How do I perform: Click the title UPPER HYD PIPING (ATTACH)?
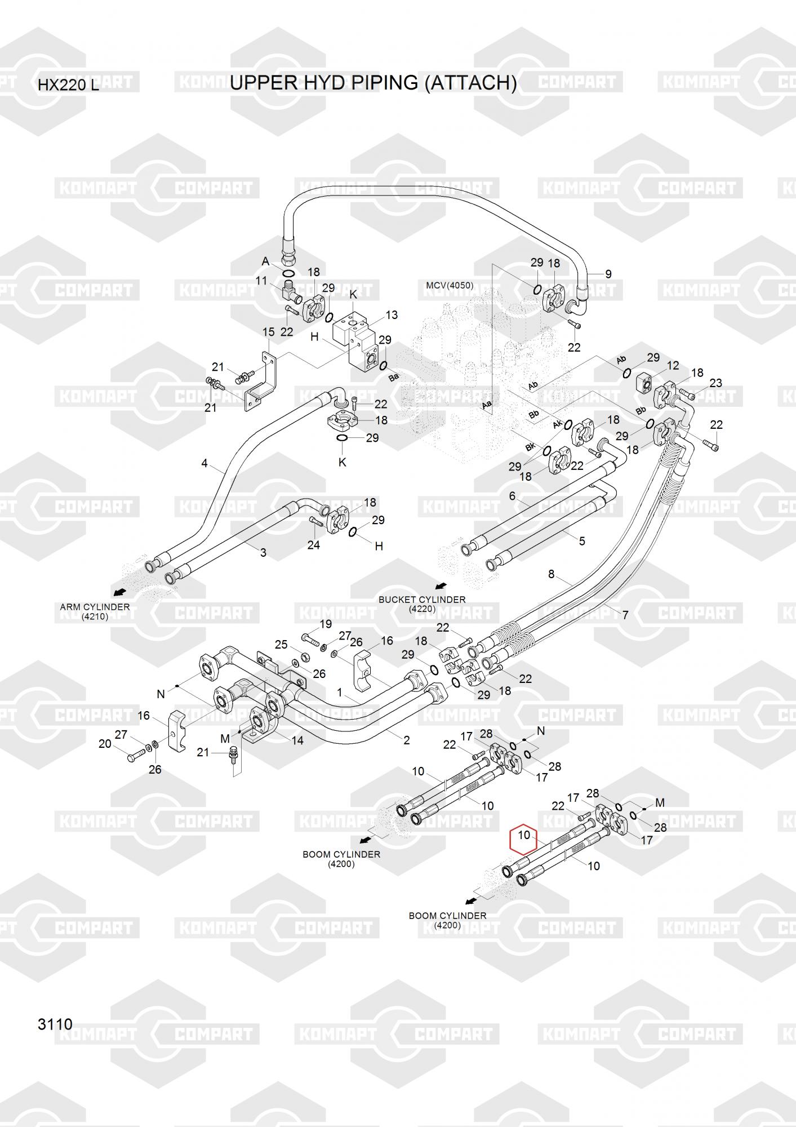click(x=373, y=83)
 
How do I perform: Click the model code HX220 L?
click(x=68, y=86)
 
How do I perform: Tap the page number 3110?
click(x=55, y=1024)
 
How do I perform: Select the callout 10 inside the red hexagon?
click(x=524, y=835)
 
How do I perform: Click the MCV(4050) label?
click(x=449, y=286)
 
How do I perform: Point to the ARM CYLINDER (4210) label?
click(x=95, y=611)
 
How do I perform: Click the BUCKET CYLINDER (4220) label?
click(x=422, y=604)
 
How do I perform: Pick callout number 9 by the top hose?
click(x=608, y=274)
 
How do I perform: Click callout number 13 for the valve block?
click(x=391, y=314)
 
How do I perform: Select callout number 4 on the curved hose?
click(x=204, y=463)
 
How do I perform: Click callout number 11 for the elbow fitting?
click(x=261, y=281)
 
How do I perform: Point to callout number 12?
click(x=673, y=366)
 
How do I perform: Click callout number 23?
click(x=715, y=383)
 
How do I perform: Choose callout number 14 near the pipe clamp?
click(x=297, y=740)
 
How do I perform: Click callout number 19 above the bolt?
click(x=326, y=624)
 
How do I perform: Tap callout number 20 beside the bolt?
click(x=105, y=744)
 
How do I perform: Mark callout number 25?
click(x=281, y=645)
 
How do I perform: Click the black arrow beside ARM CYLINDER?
click(x=119, y=592)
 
